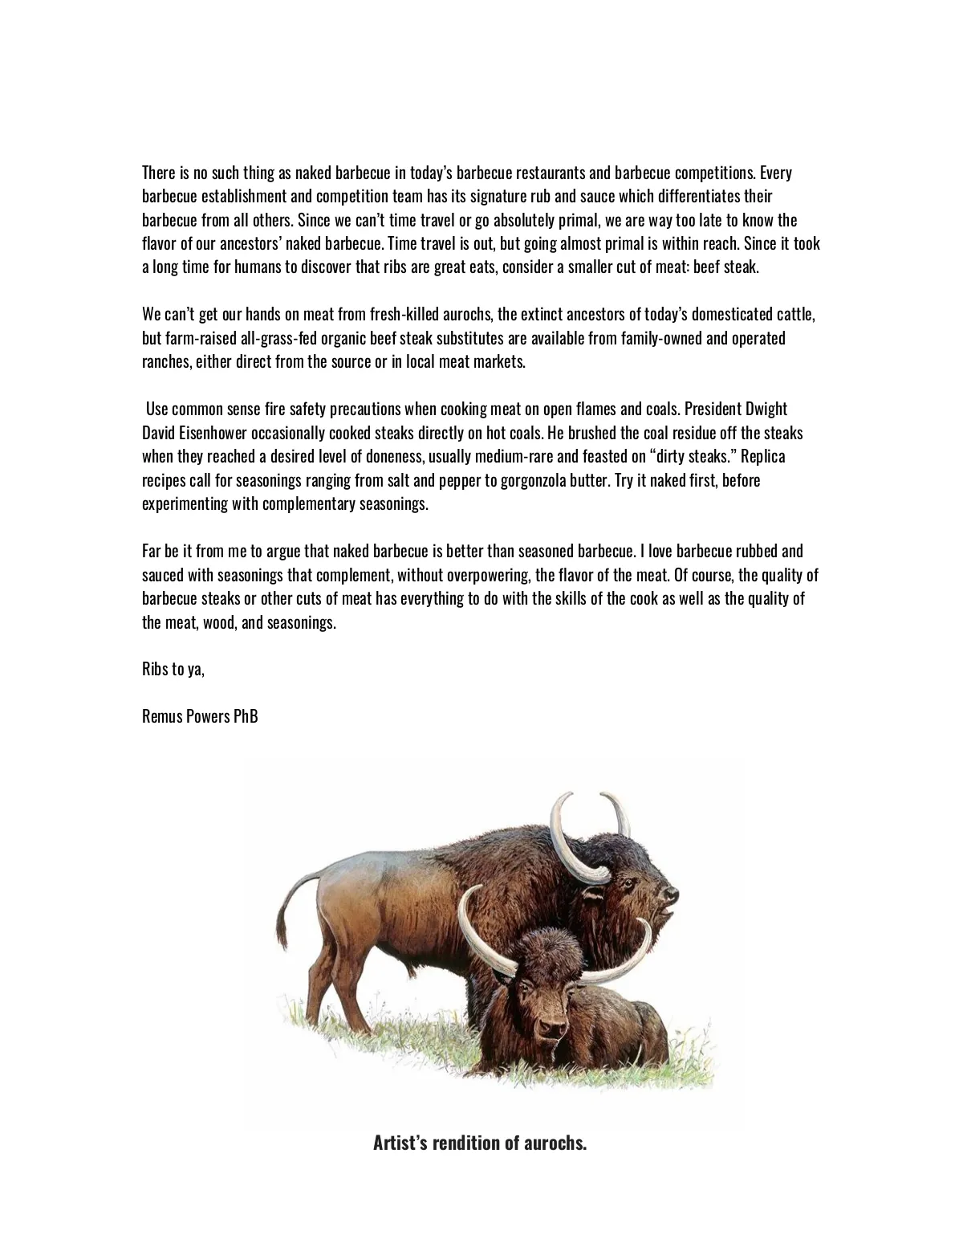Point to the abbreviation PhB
246,716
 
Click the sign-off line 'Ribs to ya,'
173,669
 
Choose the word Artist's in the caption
400,1143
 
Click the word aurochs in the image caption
555,1143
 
